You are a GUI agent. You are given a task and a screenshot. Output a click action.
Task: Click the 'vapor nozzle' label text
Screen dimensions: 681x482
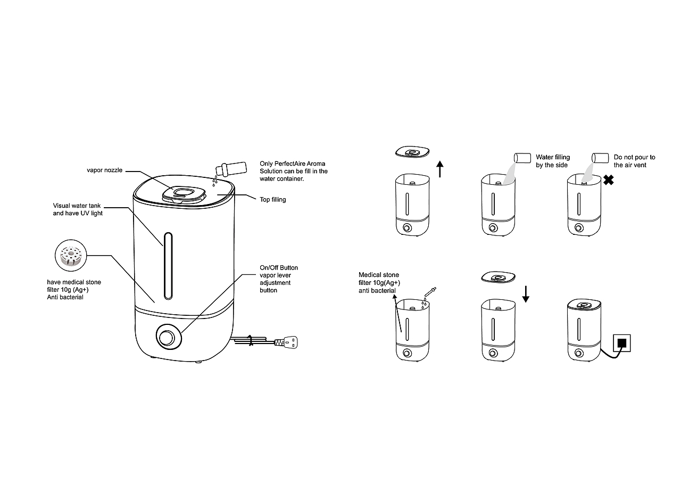pos(105,170)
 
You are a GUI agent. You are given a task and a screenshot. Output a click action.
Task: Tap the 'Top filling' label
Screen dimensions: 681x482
pos(273,200)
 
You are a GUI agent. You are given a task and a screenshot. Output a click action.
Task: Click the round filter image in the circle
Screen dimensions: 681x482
pos(71,255)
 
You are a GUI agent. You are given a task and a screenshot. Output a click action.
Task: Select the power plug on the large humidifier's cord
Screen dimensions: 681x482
pos(286,342)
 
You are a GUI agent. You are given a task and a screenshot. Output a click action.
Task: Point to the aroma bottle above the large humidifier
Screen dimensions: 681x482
pos(231,169)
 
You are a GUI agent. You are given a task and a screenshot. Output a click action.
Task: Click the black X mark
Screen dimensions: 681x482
pos(608,180)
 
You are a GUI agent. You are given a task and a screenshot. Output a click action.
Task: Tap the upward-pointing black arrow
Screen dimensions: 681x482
pos(440,169)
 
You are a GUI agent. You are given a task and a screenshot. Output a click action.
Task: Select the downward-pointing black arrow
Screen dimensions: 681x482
pos(526,294)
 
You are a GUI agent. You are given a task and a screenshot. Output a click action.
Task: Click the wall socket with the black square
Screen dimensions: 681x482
pos(622,343)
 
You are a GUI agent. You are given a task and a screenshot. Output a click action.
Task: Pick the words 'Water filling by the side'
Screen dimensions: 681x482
pos(553,161)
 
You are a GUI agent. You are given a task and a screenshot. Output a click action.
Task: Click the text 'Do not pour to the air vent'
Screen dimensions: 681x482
pos(634,161)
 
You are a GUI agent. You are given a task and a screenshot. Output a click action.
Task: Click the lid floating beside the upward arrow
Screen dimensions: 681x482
pos(412,152)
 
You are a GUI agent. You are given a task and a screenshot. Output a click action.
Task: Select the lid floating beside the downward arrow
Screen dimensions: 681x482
pos(499,277)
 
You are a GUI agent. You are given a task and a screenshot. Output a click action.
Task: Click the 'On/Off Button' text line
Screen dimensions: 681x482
pos(278,268)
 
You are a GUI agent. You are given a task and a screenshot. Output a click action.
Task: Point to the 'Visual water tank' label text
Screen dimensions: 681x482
pos(77,206)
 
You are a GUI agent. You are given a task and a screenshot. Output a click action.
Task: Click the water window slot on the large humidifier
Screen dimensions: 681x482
pos(168,266)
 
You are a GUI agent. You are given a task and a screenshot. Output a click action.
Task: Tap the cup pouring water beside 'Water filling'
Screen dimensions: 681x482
pos(522,158)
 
